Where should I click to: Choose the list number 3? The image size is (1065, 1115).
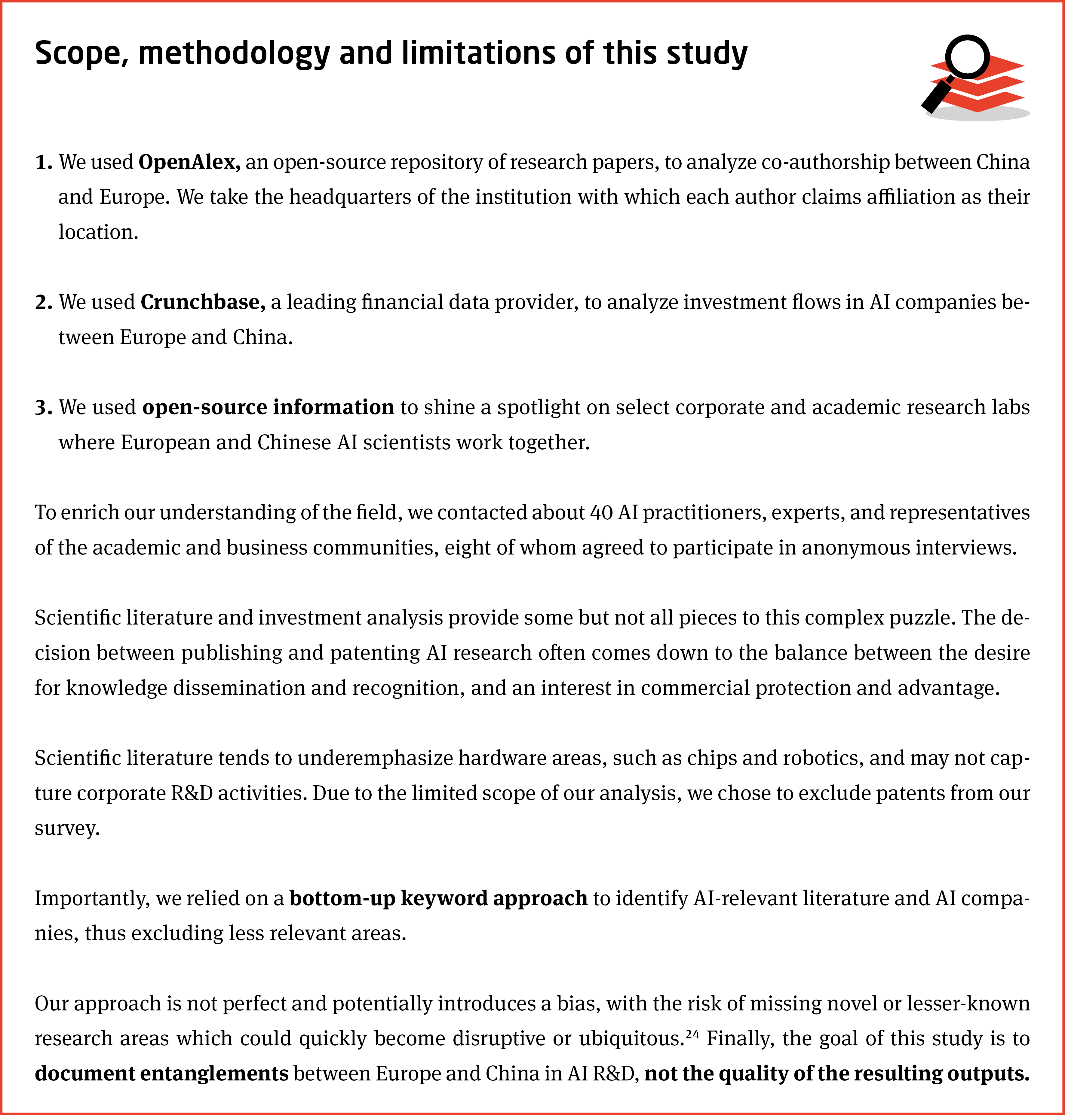(43, 408)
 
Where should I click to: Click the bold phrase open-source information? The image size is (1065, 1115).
(268, 408)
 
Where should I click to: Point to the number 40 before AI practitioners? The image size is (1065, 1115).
(601, 512)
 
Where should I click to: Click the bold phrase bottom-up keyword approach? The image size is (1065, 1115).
(438, 898)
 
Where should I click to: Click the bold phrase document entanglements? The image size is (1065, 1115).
(162, 1074)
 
